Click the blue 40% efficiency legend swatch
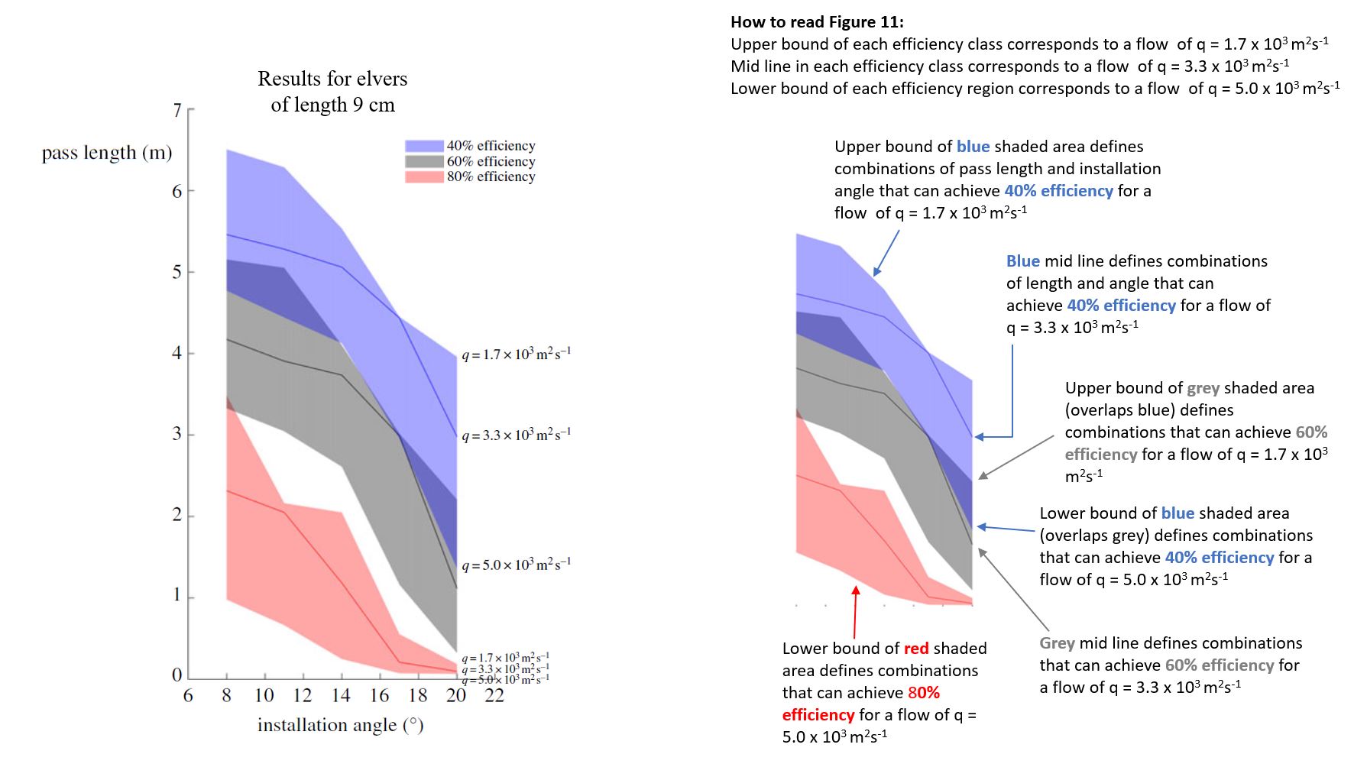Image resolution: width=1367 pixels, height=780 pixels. coord(424,146)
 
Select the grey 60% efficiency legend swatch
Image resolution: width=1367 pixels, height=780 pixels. coord(424,161)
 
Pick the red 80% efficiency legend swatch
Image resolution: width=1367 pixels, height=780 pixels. coord(424,176)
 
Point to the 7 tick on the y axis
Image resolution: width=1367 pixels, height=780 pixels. coord(177,111)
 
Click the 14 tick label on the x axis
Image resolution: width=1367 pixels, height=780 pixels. coord(341,695)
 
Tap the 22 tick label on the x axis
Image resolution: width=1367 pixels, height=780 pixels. coord(494,695)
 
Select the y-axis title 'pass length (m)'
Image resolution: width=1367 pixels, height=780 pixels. coord(107,153)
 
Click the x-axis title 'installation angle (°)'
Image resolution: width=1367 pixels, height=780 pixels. coord(340,725)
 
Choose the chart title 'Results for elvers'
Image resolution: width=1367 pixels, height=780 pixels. coord(332,79)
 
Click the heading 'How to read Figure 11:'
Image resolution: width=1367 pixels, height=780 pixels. coord(817,22)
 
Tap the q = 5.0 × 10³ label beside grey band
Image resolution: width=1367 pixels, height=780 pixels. coord(516,565)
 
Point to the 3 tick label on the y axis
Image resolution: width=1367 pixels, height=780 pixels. coord(177,434)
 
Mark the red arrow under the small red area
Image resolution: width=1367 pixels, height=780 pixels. coord(855,611)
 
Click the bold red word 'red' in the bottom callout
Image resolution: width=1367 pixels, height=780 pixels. coord(916,649)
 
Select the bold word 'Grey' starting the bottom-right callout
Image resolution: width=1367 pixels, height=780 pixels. coord(1057,643)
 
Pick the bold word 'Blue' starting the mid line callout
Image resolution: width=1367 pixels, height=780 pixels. coord(1022,261)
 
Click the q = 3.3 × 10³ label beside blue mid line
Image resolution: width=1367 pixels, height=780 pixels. coord(516,435)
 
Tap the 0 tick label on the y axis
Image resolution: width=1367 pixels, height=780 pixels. coord(177,675)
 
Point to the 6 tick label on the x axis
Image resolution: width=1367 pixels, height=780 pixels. coord(188,695)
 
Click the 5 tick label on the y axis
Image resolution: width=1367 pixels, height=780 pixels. coord(177,272)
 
